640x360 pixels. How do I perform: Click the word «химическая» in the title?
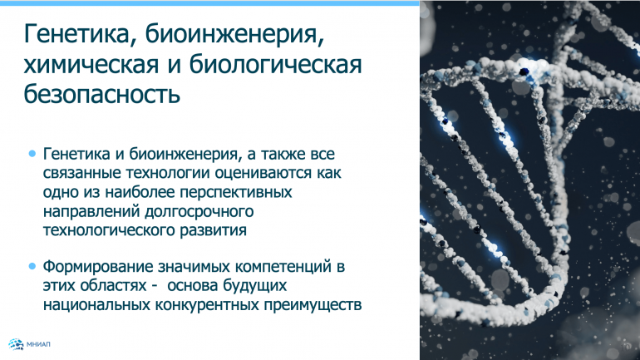pyautogui.click(x=91, y=65)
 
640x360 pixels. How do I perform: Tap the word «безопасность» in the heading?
pyautogui.click(x=102, y=93)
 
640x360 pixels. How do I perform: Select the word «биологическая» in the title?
pyautogui.click(x=275, y=66)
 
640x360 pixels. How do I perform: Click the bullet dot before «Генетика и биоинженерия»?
pyautogui.click(x=32, y=154)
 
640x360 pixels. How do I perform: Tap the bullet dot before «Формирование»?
pyautogui.click(x=32, y=267)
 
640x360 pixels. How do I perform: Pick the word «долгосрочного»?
pyautogui.click(x=199, y=211)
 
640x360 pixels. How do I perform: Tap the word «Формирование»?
pyautogui.click(x=98, y=267)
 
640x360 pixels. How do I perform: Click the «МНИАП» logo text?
pyautogui.click(x=38, y=344)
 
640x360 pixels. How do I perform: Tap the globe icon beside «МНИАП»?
pyautogui.click(x=16, y=344)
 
